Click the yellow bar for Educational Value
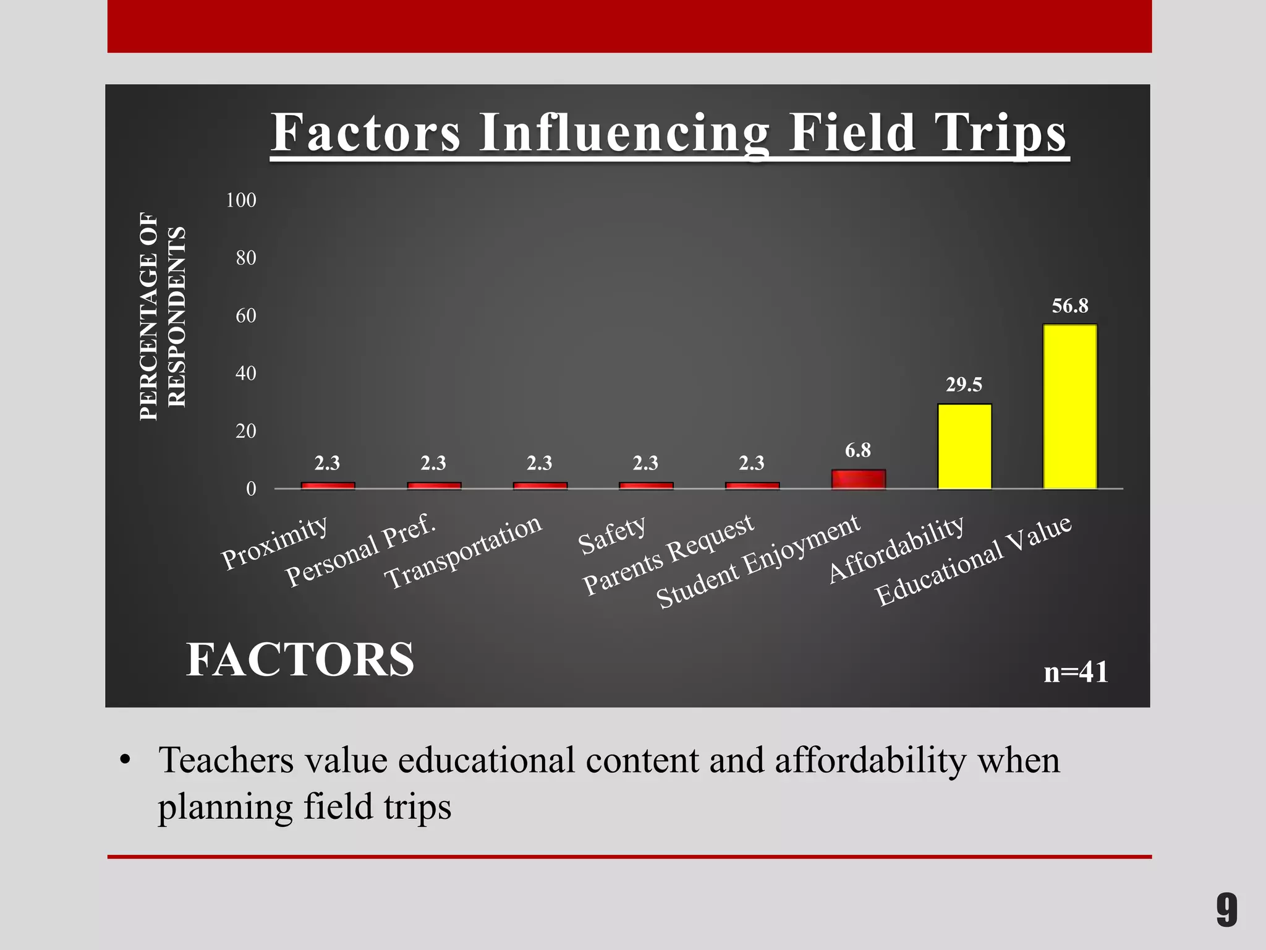[1070, 406]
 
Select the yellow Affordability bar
[964, 446]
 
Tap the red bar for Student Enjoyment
[858, 479]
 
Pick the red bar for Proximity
[328, 486]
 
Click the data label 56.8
[1070, 306]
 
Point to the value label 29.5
[964, 385]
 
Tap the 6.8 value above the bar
[858, 450]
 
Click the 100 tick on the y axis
[241, 200]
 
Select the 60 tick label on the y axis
[245, 315]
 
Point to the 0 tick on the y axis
[251, 489]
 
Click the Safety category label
[612, 535]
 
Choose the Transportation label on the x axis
[463, 552]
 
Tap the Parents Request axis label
[668, 555]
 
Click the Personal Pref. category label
[361, 550]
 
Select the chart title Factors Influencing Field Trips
[669, 133]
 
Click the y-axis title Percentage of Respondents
[162, 315]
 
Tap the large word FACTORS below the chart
[300, 659]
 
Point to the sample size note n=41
[1076, 672]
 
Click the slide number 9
[1226, 910]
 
